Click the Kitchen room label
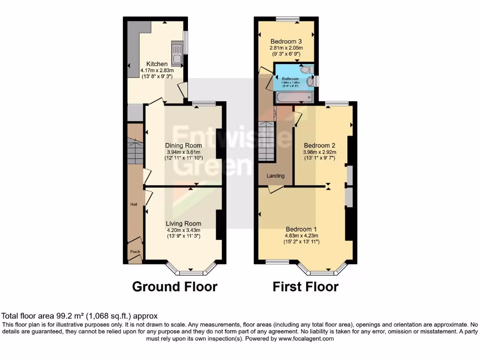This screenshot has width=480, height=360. (157, 64)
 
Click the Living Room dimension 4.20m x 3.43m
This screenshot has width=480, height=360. (184, 230)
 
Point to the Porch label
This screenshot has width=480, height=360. (135, 252)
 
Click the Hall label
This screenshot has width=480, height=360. (134, 205)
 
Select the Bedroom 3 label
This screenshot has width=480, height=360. (286, 41)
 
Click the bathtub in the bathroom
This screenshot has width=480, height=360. (294, 97)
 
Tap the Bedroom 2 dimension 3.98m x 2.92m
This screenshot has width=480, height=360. (320, 152)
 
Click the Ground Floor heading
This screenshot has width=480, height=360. (175, 286)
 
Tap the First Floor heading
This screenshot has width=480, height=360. (306, 286)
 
